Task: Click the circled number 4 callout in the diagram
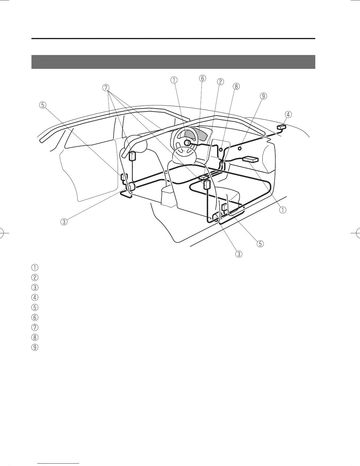pyautogui.click(x=288, y=114)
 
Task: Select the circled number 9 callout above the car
pyautogui.click(x=263, y=96)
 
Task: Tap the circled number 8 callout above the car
pyautogui.click(x=236, y=86)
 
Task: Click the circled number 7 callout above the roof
pyautogui.click(x=106, y=88)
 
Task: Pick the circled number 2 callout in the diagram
pyautogui.click(x=220, y=82)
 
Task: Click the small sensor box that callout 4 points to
pyautogui.click(x=281, y=127)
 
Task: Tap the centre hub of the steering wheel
pyautogui.click(x=186, y=143)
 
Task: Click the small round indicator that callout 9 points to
pyautogui.click(x=240, y=149)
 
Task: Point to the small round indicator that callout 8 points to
pyautogui.click(x=221, y=149)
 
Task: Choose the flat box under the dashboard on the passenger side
pyautogui.click(x=250, y=159)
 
